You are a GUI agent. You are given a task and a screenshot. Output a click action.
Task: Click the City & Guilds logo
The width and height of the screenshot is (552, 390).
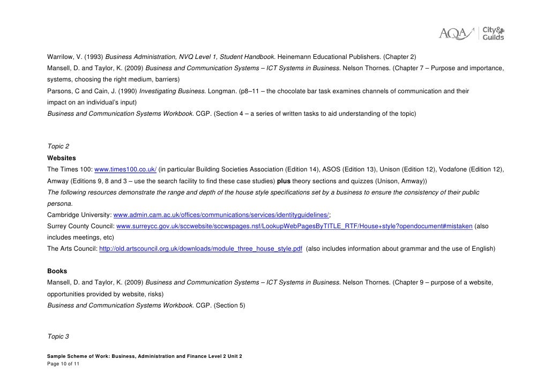(x=493, y=33)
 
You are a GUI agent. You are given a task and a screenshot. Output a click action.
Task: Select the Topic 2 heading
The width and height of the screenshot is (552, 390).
(x=58, y=146)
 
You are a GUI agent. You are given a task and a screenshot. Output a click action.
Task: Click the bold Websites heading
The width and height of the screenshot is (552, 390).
(x=62, y=158)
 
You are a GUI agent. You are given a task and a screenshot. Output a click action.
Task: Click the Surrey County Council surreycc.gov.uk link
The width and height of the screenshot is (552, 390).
(x=294, y=226)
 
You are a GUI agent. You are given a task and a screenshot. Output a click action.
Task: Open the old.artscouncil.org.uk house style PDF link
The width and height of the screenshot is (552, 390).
(x=200, y=249)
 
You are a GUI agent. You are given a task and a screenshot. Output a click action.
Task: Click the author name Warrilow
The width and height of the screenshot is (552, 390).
(x=61, y=57)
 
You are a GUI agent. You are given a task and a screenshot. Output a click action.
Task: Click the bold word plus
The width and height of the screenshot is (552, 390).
(x=284, y=181)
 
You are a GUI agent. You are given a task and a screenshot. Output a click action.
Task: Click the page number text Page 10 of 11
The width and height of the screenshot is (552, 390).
(x=63, y=364)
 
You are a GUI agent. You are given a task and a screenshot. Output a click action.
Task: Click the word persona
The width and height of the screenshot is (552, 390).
(x=59, y=204)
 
